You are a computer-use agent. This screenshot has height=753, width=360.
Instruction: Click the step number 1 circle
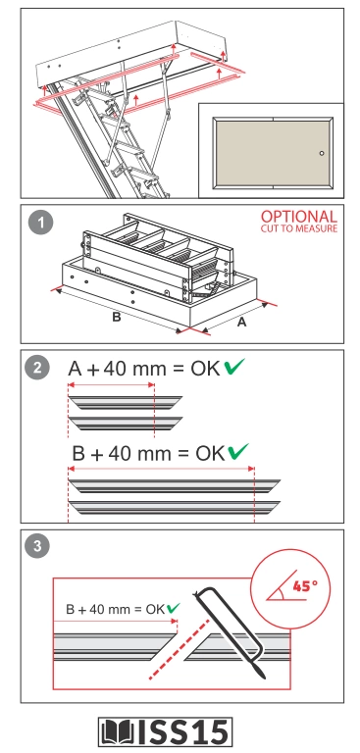tap(40, 223)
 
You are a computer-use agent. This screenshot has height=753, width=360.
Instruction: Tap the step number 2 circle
tap(37, 369)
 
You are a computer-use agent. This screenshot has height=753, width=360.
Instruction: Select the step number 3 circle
tap(37, 546)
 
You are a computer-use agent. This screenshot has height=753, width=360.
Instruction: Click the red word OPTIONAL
tap(299, 217)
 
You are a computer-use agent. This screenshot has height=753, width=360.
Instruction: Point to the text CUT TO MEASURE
tap(299, 228)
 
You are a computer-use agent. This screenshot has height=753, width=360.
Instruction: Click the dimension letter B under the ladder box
tap(117, 318)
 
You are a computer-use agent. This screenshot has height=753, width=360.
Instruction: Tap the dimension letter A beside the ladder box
tap(241, 323)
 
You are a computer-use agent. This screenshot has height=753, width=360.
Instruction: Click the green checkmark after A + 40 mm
tap(234, 367)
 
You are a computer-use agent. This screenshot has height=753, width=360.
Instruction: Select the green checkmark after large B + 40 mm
tap(238, 451)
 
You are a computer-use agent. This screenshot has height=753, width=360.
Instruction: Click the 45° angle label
tap(305, 586)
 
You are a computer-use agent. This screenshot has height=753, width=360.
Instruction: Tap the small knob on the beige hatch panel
tap(322, 154)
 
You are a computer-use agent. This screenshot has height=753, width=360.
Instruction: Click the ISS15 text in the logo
tap(182, 732)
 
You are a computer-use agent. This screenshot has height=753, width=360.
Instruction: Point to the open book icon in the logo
tap(119, 732)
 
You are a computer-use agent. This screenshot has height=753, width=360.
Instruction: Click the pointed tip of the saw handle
tap(264, 678)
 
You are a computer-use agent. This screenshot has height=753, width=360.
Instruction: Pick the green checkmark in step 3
tap(173, 609)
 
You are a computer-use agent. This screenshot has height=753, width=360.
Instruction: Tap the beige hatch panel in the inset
tap(273, 153)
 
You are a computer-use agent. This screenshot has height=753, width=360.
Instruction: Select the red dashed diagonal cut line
tap(179, 649)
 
